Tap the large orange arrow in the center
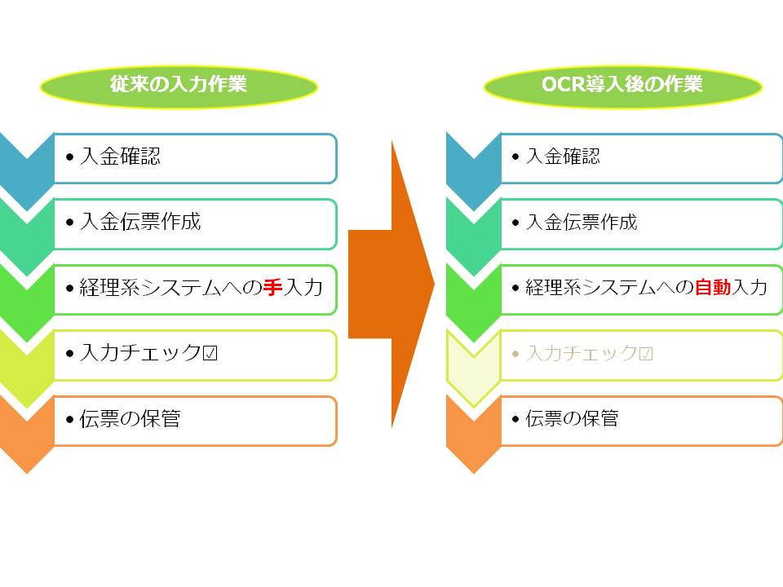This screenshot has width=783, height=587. [391, 284]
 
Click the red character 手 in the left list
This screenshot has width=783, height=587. [272, 288]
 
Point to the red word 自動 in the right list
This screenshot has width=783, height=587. [713, 288]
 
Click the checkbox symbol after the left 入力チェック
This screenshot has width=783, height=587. [210, 353]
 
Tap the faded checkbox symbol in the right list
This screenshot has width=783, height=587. [646, 354]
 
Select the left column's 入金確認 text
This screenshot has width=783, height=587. [121, 157]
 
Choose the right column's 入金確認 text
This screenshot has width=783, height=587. [563, 157]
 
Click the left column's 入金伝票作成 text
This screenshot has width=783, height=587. [140, 222]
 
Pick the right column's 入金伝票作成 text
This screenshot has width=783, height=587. [582, 222]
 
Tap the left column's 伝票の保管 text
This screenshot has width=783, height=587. [130, 418]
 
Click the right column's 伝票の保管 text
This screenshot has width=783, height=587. [573, 418]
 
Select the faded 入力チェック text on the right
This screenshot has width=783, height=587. [582, 353]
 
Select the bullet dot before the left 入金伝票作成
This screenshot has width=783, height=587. [69, 222]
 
